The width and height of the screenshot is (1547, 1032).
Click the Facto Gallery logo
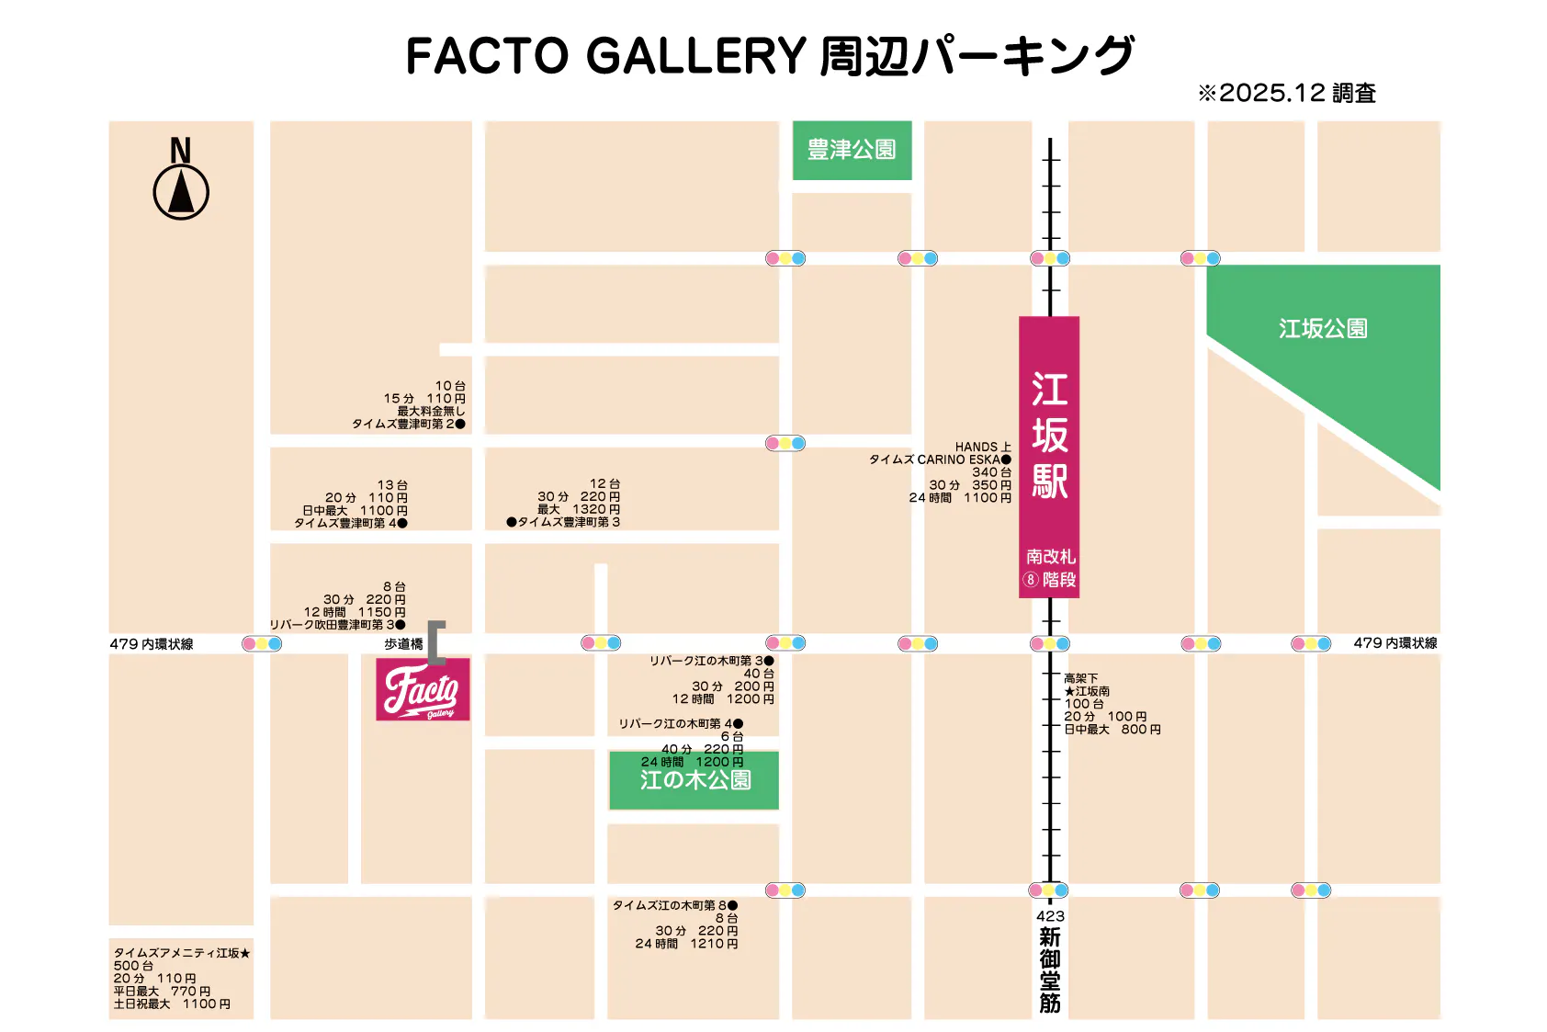[423, 689]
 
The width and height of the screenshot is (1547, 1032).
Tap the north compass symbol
[181, 192]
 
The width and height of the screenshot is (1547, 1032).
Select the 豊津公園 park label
[852, 150]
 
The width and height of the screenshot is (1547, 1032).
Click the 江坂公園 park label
[1323, 329]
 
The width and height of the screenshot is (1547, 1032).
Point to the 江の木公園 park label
[695, 780]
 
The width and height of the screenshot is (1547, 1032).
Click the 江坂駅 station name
[1049, 435]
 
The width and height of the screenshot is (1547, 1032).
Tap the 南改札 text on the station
[1050, 557]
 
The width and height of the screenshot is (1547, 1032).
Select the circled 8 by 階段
[1031, 580]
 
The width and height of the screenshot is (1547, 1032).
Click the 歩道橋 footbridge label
[403, 644]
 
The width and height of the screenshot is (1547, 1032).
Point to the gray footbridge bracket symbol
[436, 642]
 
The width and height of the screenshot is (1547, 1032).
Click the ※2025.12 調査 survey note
[1286, 93]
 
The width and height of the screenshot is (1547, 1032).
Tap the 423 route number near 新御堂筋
[1050, 916]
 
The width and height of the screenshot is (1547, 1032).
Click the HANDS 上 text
[983, 447]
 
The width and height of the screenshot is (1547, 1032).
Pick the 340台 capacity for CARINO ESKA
[991, 472]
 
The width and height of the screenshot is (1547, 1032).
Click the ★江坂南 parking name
[1087, 691]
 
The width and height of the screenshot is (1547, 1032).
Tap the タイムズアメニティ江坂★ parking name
[181, 953]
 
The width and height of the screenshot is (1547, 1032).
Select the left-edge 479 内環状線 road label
[152, 644]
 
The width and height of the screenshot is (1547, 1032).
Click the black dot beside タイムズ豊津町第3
[512, 522]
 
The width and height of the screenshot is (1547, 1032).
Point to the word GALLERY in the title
[695, 56]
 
